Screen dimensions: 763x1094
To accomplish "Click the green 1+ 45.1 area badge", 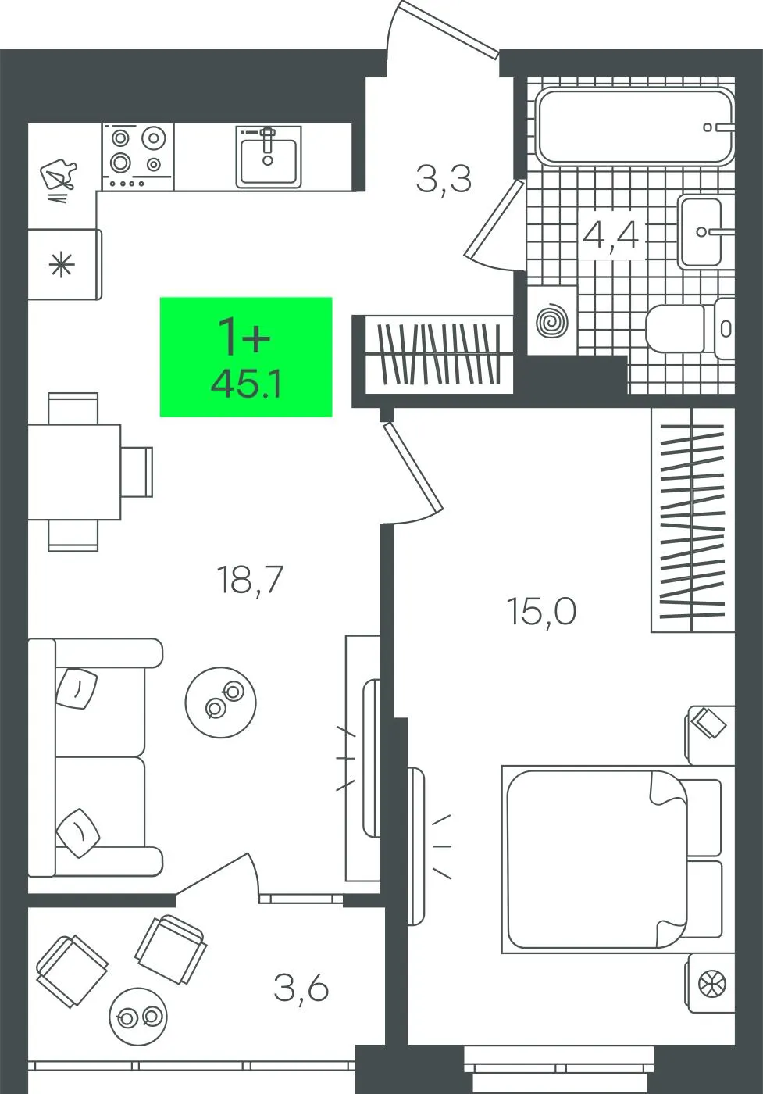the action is (x=246, y=357).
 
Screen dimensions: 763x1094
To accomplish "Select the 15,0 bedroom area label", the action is (x=542, y=611).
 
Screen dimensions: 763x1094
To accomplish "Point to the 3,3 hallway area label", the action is (x=444, y=179).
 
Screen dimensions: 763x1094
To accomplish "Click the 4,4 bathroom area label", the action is (x=611, y=235).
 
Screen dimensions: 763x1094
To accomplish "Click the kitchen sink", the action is (x=269, y=156).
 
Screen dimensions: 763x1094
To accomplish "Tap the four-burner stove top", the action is (x=137, y=156).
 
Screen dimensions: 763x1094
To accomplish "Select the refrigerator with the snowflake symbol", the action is (x=65, y=264).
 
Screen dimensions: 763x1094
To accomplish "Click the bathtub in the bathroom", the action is (x=635, y=126).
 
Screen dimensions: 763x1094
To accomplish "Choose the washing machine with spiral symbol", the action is (x=552, y=320).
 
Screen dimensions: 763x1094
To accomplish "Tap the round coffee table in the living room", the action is (x=221, y=703).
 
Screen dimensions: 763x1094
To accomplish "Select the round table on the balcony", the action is (x=139, y=1017).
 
